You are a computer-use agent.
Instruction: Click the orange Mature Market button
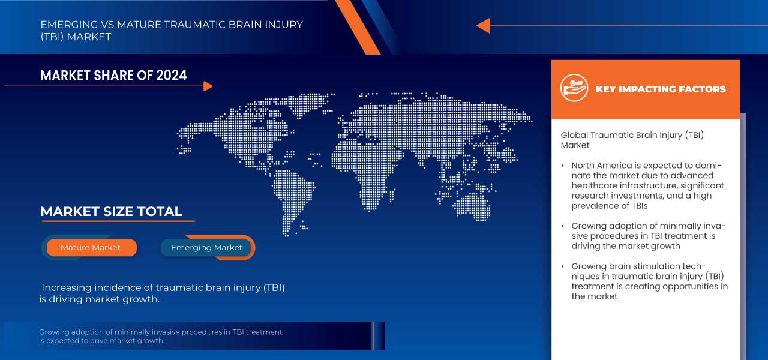coord(91,248)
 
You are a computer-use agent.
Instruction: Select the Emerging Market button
coord(207,248)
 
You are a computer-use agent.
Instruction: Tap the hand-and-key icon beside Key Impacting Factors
coord(574,88)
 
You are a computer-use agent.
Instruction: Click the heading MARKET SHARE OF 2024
coord(113,75)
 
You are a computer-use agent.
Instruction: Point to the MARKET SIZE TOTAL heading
coord(111,211)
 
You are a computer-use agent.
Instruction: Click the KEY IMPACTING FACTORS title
coord(661,89)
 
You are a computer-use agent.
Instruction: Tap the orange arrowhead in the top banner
coord(484,25)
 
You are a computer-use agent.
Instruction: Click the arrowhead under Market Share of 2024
coord(208,86)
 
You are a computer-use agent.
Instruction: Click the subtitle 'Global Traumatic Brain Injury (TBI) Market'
coord(632,140)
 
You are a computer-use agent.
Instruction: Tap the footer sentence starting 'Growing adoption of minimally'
coord(161,336)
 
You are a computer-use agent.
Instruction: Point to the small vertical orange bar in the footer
coord(373,335)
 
